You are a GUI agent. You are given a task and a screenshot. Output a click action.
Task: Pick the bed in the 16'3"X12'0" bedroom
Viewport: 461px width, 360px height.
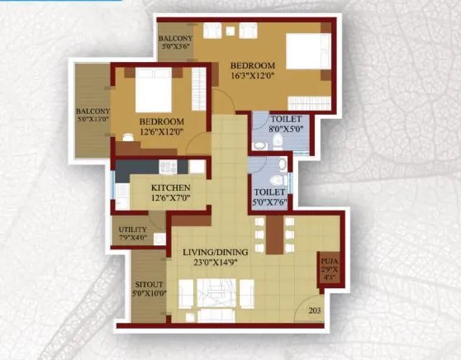[x=308, y=51]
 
